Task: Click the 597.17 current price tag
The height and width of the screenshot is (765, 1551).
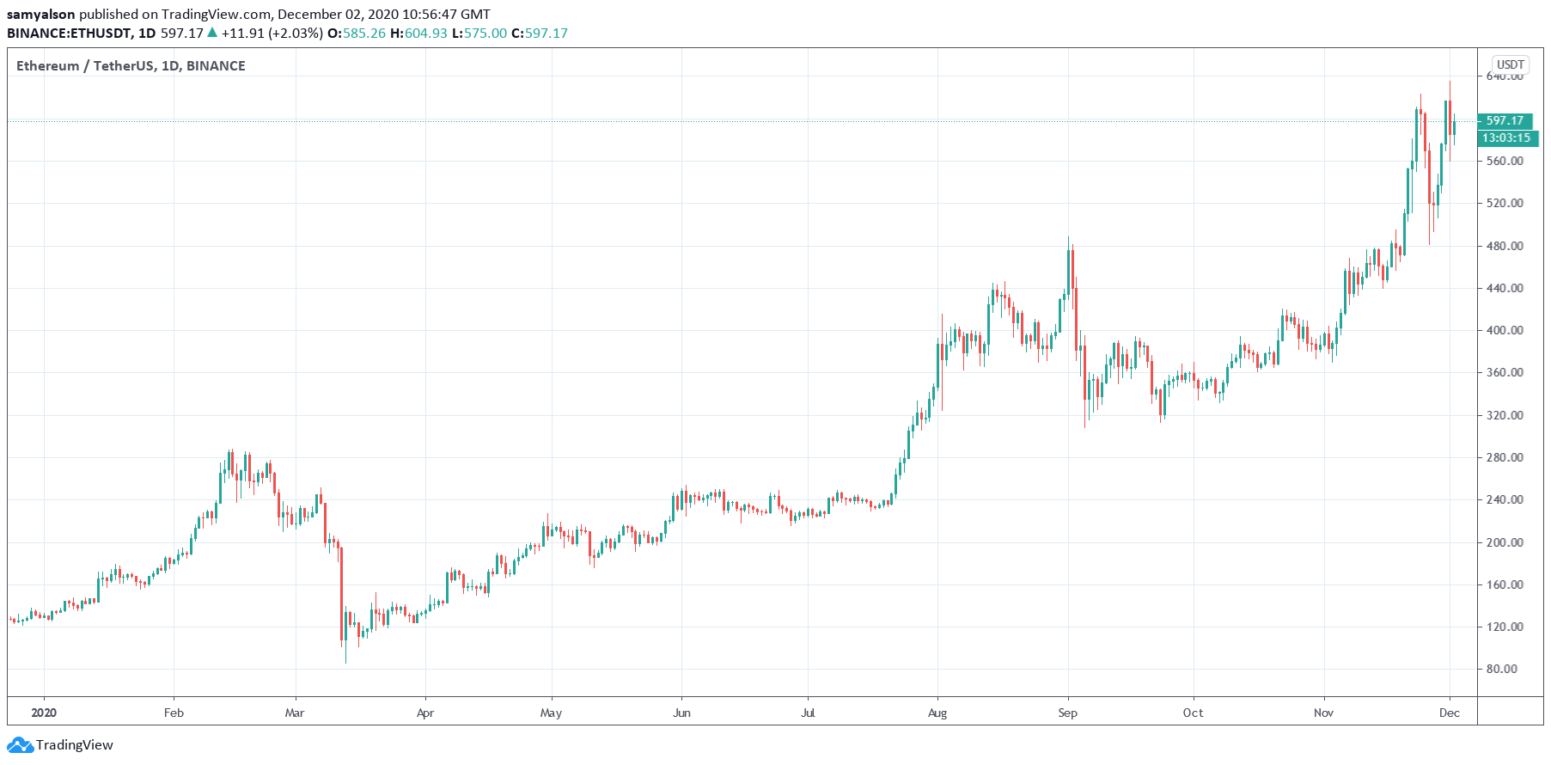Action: coord(1504,121)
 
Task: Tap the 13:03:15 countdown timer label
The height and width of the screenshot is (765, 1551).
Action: coord(1505,138)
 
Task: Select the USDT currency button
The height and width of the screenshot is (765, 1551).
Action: coord(1510,64)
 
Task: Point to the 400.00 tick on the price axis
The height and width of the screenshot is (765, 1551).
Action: coord(1505,330)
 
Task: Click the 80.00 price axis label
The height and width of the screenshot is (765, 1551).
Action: coord(1501,669)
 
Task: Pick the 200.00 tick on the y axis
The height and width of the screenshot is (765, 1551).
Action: coord(1505,542)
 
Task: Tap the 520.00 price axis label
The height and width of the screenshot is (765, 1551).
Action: coord(1505,203)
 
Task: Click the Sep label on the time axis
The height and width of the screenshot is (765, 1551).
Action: coord(1067,713)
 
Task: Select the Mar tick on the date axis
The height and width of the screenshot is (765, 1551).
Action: coord(295,713)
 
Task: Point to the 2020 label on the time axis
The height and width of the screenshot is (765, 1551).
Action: coord(43,713)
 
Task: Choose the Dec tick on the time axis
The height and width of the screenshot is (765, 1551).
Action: coord(1450,713)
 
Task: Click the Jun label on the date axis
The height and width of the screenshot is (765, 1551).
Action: coord(681,713)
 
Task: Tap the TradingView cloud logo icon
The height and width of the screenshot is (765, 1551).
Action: coord(20,745)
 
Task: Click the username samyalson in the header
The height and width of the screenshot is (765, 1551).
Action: coord(41,14)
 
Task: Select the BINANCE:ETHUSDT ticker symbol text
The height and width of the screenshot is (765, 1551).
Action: coord(69,34)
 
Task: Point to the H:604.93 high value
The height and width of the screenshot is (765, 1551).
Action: coord(418,34)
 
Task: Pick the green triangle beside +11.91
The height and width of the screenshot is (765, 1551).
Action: coord(212,33)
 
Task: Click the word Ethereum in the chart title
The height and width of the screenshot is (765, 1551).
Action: coord(47,66)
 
